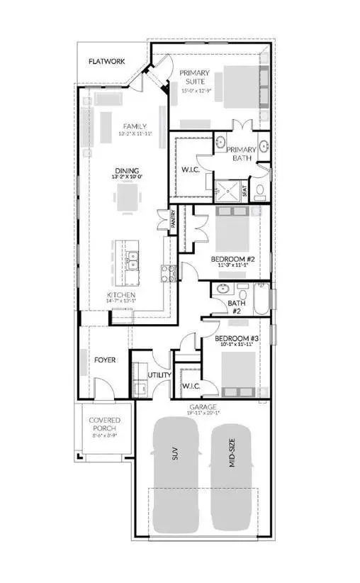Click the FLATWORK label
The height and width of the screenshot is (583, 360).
[x=107, y=62]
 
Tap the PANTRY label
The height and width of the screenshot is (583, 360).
[x=172, y=222]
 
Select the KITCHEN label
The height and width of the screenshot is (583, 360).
[x=121, y=294]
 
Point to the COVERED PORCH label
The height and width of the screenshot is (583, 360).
[x=104, y=425]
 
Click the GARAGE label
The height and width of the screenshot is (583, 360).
[x=202, y=408]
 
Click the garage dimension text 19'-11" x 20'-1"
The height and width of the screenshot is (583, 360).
[x=202, y=414]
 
